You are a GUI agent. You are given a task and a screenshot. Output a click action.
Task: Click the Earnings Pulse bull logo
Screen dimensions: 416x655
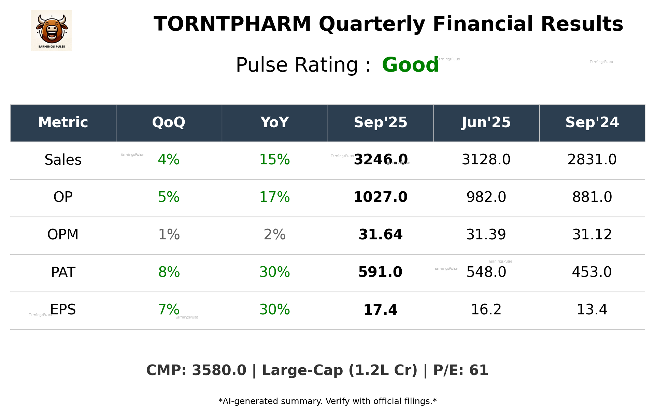pos(51,31)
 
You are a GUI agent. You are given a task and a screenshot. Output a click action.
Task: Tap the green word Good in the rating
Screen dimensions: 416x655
pos(410,65)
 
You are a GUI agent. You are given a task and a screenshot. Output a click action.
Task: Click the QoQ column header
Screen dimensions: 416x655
pos(169,122)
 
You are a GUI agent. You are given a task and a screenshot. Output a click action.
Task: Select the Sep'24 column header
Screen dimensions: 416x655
pos(592,122)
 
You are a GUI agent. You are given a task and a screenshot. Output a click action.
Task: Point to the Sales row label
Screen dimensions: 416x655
pos(63,160)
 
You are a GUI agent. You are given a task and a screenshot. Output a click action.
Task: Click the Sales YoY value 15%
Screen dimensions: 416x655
pos(274,160)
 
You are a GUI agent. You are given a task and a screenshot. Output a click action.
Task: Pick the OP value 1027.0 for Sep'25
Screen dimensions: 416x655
pos(380,197)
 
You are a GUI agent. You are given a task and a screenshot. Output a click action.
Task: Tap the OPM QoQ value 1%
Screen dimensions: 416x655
pos(169,235)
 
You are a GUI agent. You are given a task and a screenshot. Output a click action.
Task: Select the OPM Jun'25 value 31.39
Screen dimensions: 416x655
pos(486,235)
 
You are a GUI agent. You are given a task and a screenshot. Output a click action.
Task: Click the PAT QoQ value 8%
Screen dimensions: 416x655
pos(169,272)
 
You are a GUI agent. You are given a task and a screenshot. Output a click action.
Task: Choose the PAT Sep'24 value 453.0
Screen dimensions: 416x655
pos(592,272)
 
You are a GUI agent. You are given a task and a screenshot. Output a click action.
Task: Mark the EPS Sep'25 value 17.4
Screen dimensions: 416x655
pos(380,310)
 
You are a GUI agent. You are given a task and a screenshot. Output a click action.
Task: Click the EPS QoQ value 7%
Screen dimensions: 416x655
pos(169,310)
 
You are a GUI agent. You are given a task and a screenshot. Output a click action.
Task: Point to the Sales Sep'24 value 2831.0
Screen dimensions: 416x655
pos(592,160)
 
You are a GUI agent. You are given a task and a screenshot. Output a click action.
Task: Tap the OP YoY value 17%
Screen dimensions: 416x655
pos(274,197)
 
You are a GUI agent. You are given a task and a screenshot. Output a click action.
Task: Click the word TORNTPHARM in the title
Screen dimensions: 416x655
pos(232,25)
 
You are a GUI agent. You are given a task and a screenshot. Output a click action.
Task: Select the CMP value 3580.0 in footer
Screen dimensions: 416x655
pos(219,371)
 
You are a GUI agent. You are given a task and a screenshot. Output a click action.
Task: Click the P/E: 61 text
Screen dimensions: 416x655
pos(460,371)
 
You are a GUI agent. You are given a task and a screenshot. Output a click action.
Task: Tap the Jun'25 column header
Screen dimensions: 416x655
pos(486,122)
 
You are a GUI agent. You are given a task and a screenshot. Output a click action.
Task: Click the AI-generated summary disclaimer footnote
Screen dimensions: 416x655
pos(327,401)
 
